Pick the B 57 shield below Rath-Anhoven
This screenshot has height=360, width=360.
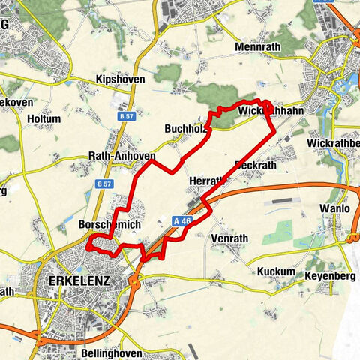tap(103, 183)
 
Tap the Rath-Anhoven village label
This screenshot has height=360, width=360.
tap(121, 156)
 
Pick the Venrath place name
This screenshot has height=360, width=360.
tap(229, 238)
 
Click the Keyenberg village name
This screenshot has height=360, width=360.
tap(329, 276)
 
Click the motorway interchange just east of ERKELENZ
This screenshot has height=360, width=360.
tap(136, 282)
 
